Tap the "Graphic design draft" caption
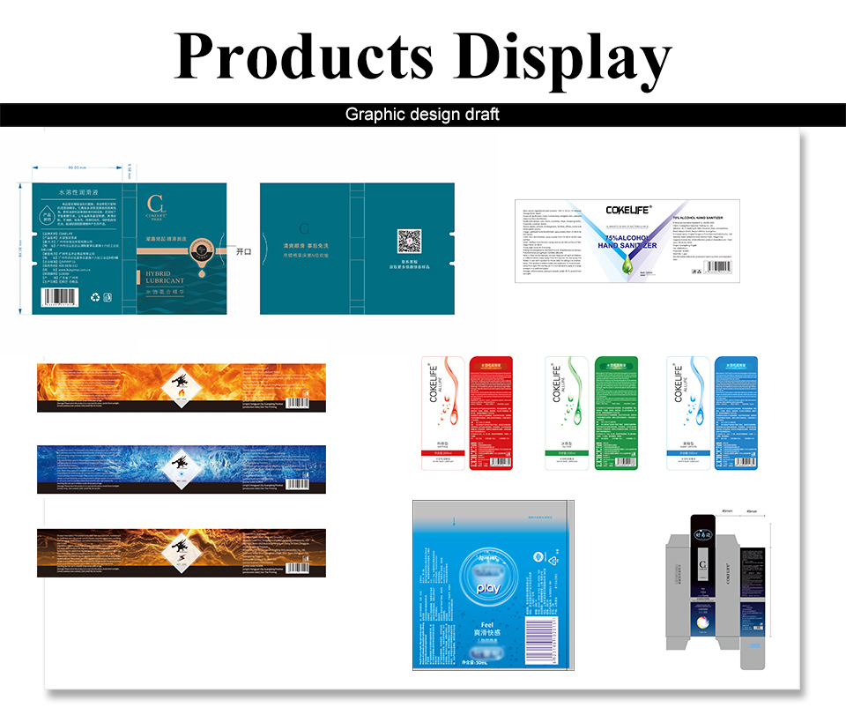(x=422, y=115)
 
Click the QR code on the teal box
(x=408, y=242)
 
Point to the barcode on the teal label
(x=63, y=296)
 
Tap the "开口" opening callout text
(x=244, y=251)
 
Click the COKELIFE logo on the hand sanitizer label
(x=628, y=210)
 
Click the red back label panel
(x=491, y=413)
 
